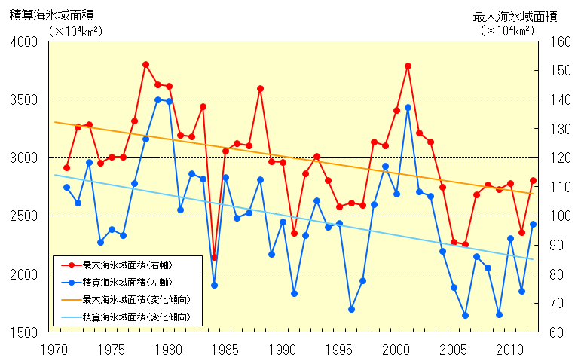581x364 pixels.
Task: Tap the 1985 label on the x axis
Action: (x=225, y=350)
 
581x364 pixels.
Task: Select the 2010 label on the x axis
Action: (x=510, y=350)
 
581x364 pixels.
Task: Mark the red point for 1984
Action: (x=214, y=258)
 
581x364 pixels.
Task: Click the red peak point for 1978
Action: (x=145, y=65)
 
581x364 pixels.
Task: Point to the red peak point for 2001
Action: (x=408, y=66)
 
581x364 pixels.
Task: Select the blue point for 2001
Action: (x=408, y=107)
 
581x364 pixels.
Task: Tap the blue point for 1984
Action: (x=214, y=285)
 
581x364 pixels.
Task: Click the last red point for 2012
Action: (x=533, y=180)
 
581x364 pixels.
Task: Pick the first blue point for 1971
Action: (x=66, y=187)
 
